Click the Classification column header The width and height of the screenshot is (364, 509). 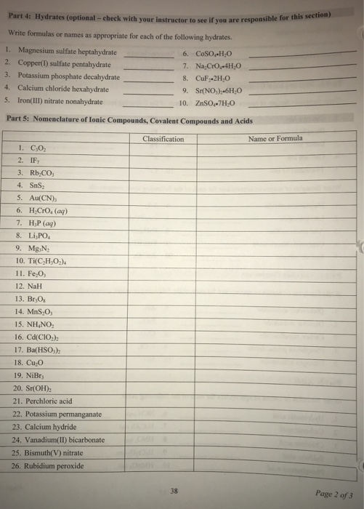[163, 138]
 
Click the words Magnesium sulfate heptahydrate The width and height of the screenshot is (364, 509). [64, 52]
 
